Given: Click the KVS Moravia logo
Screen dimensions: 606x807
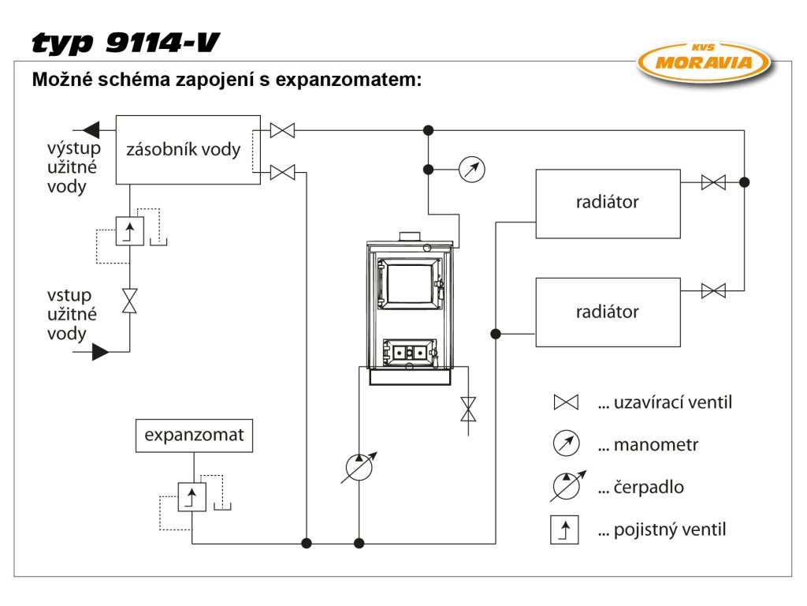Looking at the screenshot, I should pos(705,61).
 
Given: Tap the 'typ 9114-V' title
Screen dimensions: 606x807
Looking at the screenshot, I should pos(125,43).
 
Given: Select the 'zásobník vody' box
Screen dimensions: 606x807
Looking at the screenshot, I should pos(188,150).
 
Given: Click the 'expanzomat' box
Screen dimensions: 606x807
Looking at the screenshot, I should pos(194,436).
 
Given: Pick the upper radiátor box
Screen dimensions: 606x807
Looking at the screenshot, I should pos(608,204).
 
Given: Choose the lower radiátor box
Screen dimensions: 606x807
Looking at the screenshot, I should pos(608,312).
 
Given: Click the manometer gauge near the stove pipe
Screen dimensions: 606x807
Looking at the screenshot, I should pos(471,169).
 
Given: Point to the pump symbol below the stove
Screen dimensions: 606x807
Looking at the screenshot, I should pos(359,468).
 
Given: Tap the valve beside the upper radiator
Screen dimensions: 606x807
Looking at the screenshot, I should pos(713,182).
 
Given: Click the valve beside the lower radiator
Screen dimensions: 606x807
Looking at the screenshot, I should pos(713,291).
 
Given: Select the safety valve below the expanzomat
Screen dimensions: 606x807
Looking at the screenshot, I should pos(192,497).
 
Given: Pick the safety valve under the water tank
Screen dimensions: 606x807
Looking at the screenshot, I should pos(129,230).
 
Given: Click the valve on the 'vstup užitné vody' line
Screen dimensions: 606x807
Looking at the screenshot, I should pos(129,301).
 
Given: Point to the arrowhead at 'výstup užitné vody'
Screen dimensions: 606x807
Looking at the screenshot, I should pos(91,128).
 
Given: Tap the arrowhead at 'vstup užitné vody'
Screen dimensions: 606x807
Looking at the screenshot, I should pos(100,351).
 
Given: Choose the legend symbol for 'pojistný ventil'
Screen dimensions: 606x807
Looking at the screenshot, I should pos(565,529).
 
